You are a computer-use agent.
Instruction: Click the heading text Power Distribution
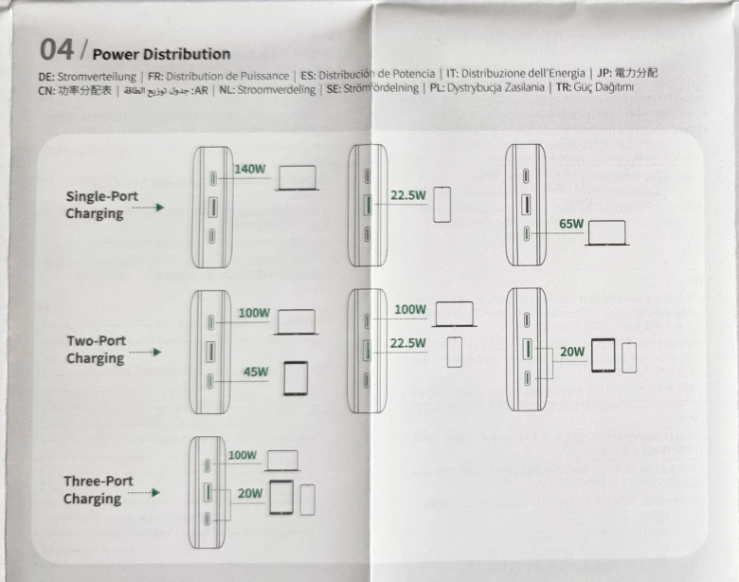[161, 54]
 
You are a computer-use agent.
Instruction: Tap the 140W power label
[251, 170]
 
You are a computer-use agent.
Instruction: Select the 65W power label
[571, 225]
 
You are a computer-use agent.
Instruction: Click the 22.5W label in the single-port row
[407, 196]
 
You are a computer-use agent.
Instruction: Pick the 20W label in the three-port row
[249, 493]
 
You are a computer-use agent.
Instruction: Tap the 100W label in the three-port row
[243, 456]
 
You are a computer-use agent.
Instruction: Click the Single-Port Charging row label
[101, 205]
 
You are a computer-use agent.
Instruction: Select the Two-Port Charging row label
[96, 349]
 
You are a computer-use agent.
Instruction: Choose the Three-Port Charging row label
[93, 490]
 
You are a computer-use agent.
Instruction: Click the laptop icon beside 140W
[297, 178]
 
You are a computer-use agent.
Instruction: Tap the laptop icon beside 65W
[606, 232]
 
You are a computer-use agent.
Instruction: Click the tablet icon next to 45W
[297, 378]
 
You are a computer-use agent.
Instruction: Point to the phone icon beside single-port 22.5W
[442, 204]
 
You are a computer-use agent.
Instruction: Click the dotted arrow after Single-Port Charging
[146, 207]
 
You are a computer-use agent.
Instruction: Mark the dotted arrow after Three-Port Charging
[144, 493]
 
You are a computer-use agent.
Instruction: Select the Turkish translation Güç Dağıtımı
[598, 88]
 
